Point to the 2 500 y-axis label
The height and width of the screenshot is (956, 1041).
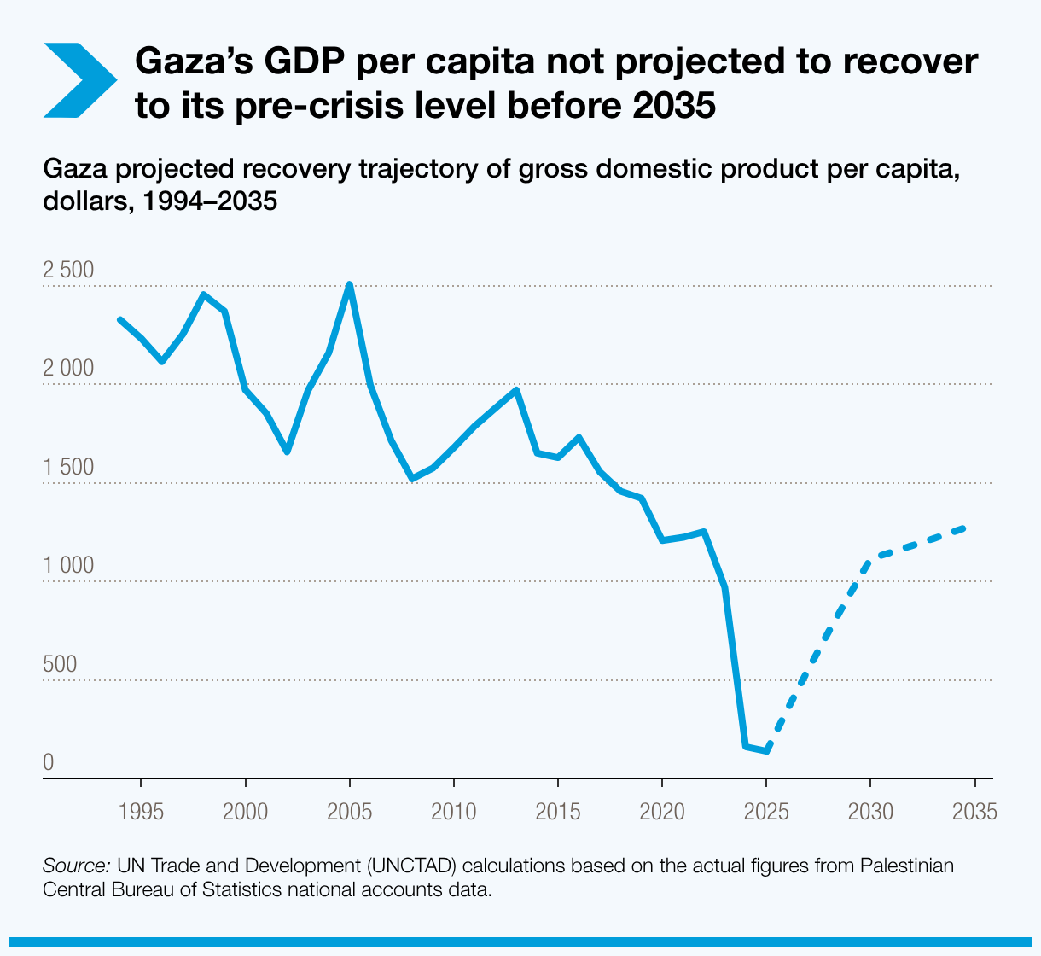68,271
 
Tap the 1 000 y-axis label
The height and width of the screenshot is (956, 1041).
68,566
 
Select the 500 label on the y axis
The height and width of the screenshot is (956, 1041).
60,664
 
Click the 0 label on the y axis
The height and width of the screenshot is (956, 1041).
49,762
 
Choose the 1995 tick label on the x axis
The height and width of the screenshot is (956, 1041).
141,811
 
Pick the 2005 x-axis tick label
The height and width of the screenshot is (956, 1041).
350,811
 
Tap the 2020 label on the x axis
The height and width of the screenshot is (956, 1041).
662,811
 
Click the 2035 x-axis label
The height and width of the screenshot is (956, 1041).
974,811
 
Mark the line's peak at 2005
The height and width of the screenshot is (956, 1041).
350,284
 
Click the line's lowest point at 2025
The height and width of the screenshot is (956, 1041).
767,751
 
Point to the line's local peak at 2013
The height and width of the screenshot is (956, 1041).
516,390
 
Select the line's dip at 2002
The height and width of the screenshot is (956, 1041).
288,452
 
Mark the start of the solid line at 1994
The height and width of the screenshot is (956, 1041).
120,319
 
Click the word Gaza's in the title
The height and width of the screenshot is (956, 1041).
193,61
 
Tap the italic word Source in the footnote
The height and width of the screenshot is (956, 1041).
76,866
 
